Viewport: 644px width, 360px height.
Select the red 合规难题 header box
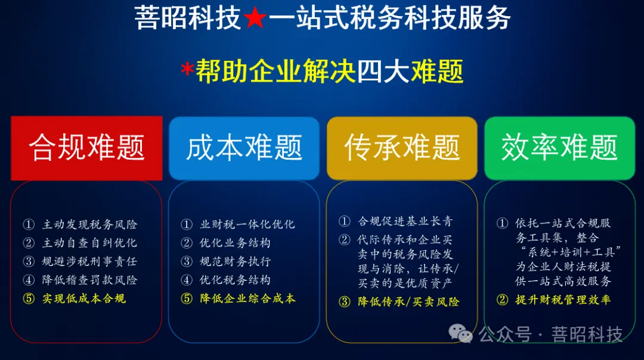(x=86, y=148)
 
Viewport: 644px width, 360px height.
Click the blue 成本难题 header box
(x=244, y=148)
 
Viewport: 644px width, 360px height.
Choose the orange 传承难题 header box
(x=402, y=148)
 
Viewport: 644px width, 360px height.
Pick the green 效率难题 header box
(x=559, y=148)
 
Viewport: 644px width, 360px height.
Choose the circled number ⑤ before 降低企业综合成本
(x=187, y=299)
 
